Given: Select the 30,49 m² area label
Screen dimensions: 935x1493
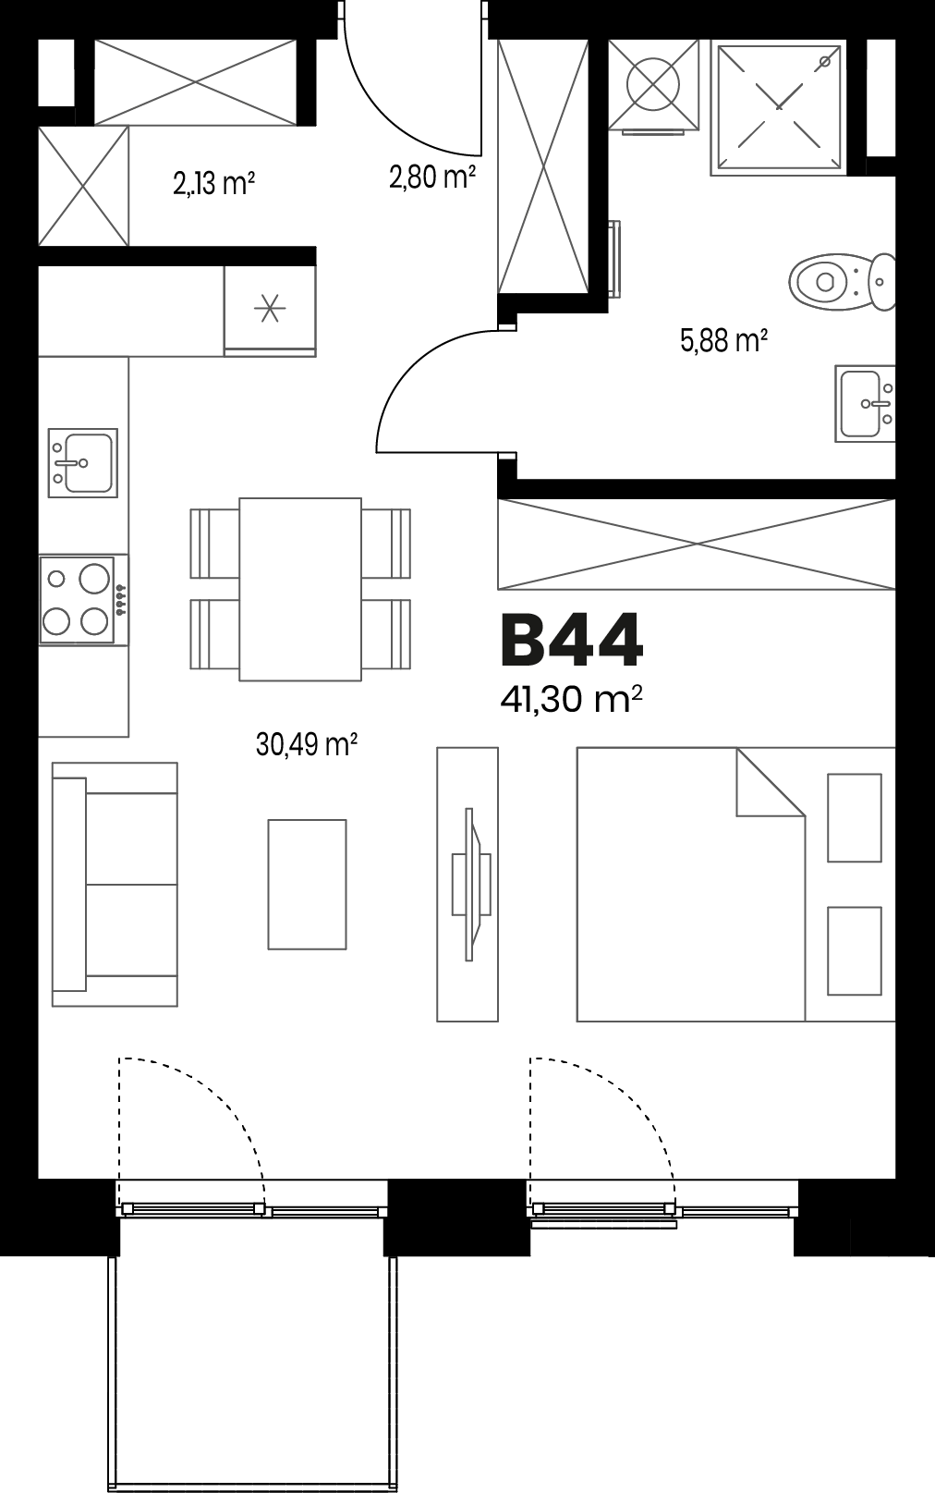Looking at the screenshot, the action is pos(307,744).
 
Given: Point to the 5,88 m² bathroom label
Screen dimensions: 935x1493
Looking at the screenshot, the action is pos(724,341).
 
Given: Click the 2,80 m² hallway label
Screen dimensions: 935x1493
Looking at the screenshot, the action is pos(432,177).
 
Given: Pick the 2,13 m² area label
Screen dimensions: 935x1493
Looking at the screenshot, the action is pos(214,183).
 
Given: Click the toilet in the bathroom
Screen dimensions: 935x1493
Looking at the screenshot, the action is pos(842,282).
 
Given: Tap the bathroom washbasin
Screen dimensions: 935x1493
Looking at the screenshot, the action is pos(866,403).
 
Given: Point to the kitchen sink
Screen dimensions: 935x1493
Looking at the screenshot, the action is pos(82,462).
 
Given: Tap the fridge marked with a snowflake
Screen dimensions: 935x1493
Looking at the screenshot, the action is pos(270,310).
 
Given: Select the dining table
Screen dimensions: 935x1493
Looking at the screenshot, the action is pos(300,589).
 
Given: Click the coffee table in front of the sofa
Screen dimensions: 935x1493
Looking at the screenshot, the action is pos(307,884).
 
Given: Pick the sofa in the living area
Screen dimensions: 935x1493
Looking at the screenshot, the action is pos(115,884).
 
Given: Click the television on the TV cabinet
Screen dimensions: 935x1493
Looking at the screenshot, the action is pos(471,884).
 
